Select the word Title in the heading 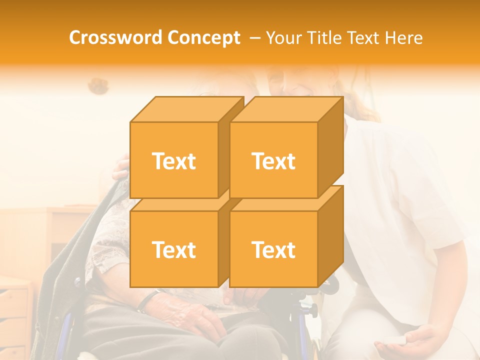pos(326,38)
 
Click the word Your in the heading pos(284,38)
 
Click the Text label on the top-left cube pos(173,161)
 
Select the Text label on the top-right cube pos(273,161)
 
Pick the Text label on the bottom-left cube pos(173,249)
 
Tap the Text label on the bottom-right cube pos(273,249)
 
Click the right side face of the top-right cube pos(330,145)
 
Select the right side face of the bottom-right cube pos(330,235)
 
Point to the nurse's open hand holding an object pos(425,340)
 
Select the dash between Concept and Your pos(254,38)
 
